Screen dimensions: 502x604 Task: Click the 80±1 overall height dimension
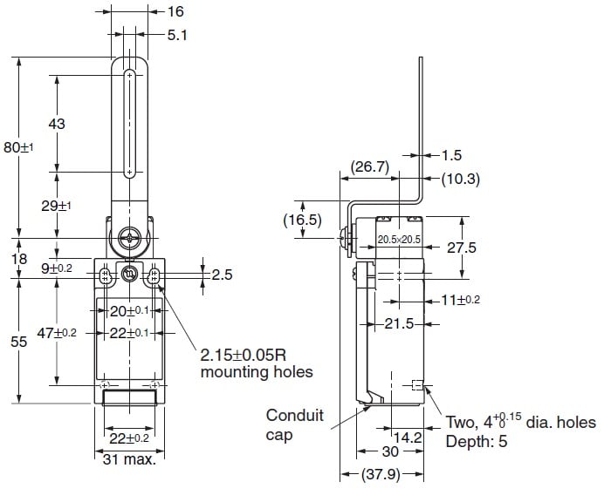[17, 148]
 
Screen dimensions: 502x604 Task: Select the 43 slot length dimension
[57, 125]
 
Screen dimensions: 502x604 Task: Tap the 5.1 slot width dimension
[177, 35]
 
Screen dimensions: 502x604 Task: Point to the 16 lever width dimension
[176, 12]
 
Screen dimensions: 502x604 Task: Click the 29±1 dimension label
[57, 206]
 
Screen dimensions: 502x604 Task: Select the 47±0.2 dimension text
[56, 332]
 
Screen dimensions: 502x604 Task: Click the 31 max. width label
[128, 458]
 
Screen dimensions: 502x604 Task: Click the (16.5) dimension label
[304, 220]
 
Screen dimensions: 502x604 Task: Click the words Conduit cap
[295, 424]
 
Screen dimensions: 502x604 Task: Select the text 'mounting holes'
[256, 373]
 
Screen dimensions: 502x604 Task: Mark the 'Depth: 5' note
[477, 442]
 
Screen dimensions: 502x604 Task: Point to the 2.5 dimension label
[222, 275]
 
